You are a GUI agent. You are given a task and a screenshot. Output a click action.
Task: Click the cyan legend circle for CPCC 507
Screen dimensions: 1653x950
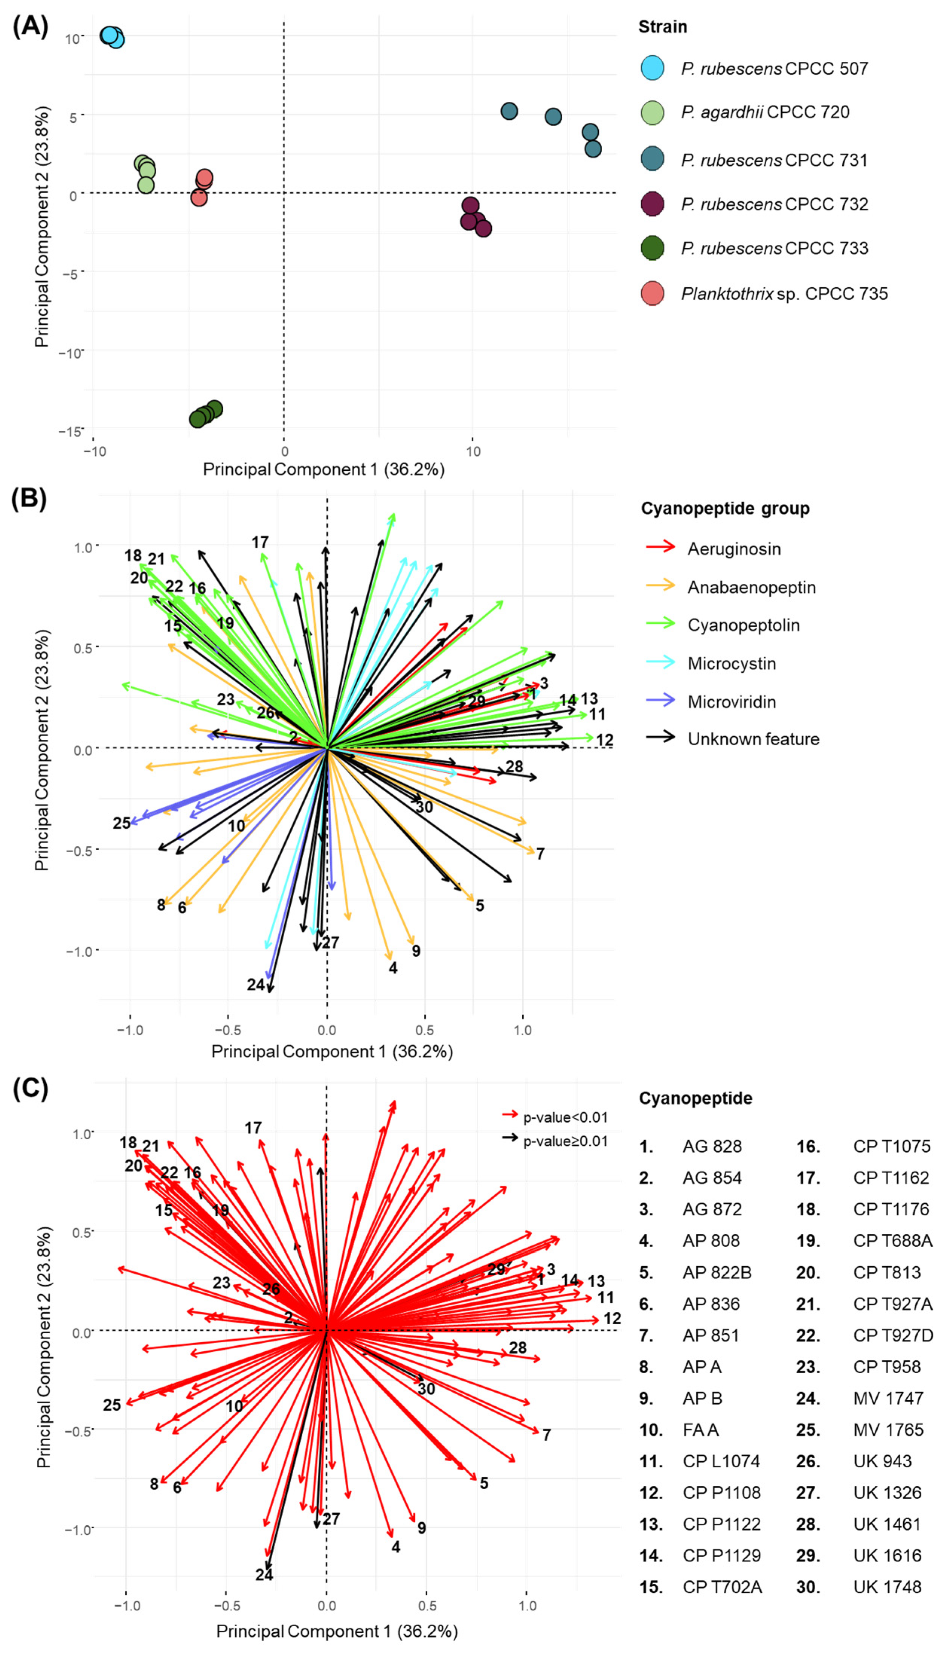pyautogui.click(x=652, y=68)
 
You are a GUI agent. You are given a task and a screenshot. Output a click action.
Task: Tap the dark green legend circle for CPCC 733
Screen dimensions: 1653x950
pyautogui.click(x=652, y=248)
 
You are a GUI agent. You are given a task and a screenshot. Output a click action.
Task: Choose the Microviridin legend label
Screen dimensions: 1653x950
pyautogui.click(x=732, y=702)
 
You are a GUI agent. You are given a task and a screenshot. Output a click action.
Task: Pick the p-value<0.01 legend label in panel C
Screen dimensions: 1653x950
pyautogui.click(x=565, y=1117)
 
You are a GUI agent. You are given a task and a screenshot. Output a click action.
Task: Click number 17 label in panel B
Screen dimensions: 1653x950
pyautogui.click(x=260, y=542)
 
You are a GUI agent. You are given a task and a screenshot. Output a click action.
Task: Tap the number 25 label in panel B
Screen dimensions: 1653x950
pyautogui.click(x=121, y=823)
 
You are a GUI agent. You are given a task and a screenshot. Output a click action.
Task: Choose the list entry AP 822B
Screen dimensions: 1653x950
pyautogui.click(x=717, y=1273)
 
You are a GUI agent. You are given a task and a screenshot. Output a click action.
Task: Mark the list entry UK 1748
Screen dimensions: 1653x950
pyautogui.click(x=887, y=1587)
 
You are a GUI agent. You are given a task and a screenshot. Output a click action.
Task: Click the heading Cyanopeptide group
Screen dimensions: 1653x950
pyautogui.click(x=725, y=508)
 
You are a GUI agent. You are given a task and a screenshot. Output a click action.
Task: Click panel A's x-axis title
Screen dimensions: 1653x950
pyautogui.click(x=323, y=469)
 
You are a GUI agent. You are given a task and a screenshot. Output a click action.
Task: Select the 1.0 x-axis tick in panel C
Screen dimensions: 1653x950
pyautogui.click(x=527, y=1606)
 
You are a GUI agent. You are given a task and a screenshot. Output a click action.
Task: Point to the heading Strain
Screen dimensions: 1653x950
pyautogui.click(x=662, y=27)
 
